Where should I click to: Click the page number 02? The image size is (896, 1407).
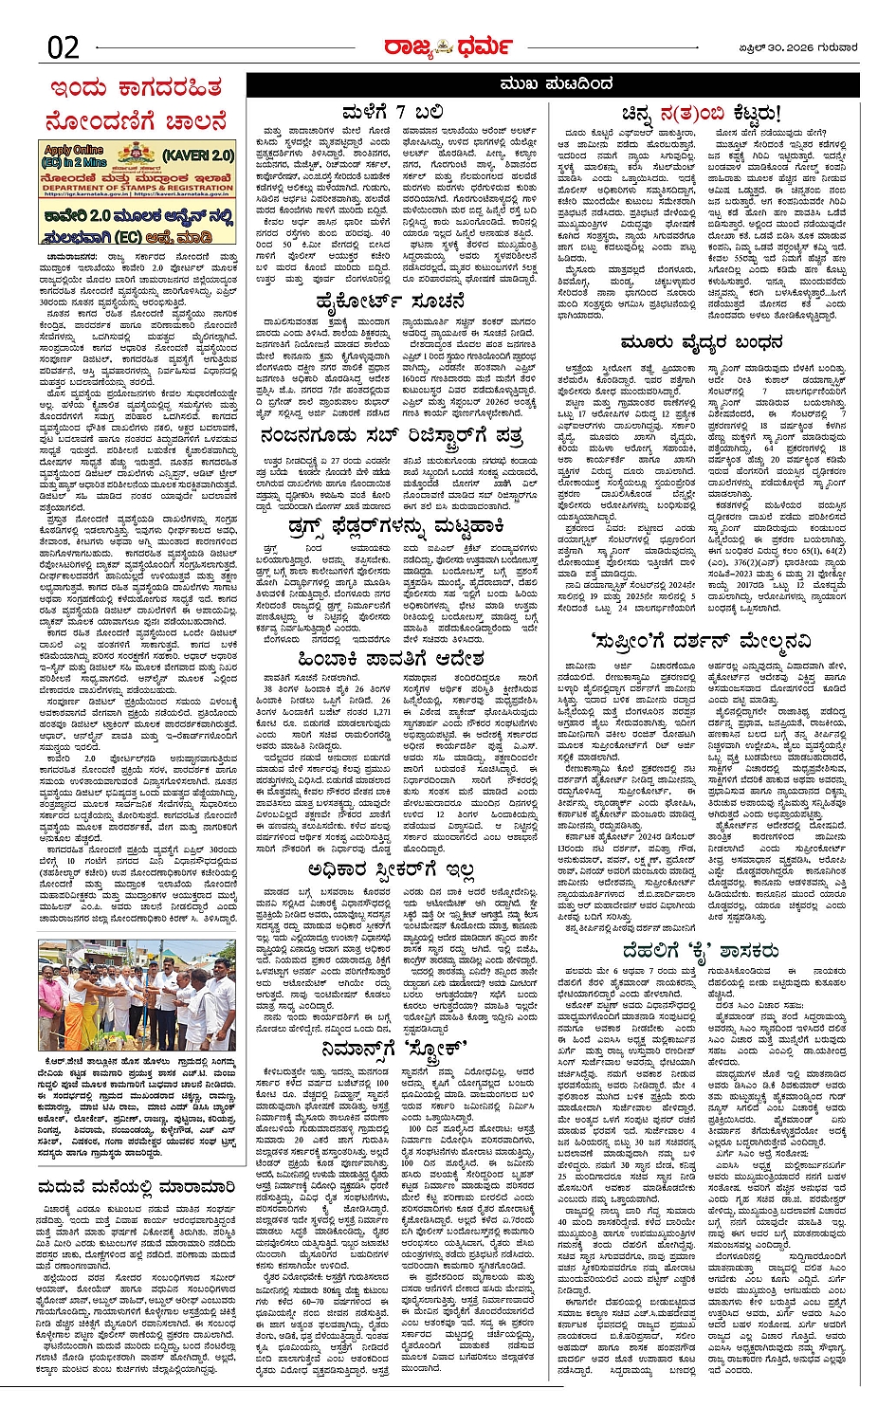64,46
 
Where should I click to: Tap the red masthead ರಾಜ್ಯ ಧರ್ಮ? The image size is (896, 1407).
448,46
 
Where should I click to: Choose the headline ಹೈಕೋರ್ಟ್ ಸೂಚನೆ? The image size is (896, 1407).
392,302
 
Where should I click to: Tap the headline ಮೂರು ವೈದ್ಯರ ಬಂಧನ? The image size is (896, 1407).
702,342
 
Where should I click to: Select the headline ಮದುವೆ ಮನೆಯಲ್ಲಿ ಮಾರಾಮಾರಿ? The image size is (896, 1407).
136,1186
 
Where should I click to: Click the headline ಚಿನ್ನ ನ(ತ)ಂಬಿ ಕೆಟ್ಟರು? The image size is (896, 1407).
702,113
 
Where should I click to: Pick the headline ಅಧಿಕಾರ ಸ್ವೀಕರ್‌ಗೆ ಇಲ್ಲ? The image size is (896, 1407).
392,868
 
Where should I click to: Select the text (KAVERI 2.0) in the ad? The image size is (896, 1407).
198,155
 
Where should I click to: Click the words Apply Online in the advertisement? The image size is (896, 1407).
73,150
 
